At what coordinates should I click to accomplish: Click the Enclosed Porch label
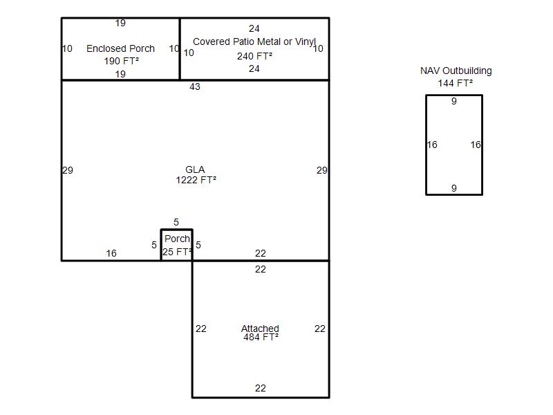120,48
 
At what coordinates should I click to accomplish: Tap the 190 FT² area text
122,61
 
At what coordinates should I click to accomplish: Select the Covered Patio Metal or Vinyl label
254,41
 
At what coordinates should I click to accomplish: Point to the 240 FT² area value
254,56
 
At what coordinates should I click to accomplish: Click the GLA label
195,169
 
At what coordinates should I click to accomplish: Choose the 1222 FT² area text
196,180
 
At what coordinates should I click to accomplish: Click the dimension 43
195,87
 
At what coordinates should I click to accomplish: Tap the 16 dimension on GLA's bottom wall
111,253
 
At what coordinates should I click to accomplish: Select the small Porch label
177,239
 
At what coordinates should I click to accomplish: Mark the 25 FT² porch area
178,252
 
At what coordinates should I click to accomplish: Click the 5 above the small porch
176,222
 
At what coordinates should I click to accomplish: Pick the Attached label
260,329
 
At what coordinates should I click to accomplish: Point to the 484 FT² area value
261,337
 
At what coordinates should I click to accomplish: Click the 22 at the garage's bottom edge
261,388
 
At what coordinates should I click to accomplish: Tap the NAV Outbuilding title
456,71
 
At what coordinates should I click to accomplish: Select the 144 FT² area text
456,83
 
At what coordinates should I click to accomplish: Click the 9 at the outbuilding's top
454,101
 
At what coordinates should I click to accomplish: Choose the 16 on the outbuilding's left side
432,145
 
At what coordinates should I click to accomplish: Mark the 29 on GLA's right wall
321,170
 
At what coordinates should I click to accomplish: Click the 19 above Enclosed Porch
120,24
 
